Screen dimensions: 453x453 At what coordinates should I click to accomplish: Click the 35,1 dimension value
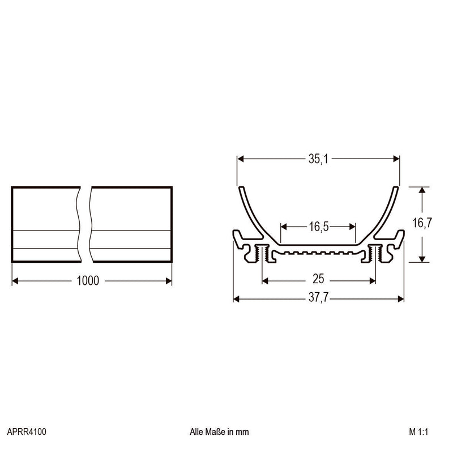point(318,159)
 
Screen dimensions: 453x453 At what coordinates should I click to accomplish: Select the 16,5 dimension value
point(319,227)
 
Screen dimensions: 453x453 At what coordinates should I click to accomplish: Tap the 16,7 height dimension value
point(422,223)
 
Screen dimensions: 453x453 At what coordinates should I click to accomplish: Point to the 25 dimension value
point(318,279)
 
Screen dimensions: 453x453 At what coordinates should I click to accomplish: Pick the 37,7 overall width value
point(318,297)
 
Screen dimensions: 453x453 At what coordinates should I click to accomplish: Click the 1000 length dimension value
point(88,281)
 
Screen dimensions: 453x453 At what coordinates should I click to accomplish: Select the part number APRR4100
point(27,432)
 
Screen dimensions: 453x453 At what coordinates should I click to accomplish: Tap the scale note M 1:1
point(418,432)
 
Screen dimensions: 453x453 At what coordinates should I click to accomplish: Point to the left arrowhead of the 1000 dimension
point(15,281)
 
